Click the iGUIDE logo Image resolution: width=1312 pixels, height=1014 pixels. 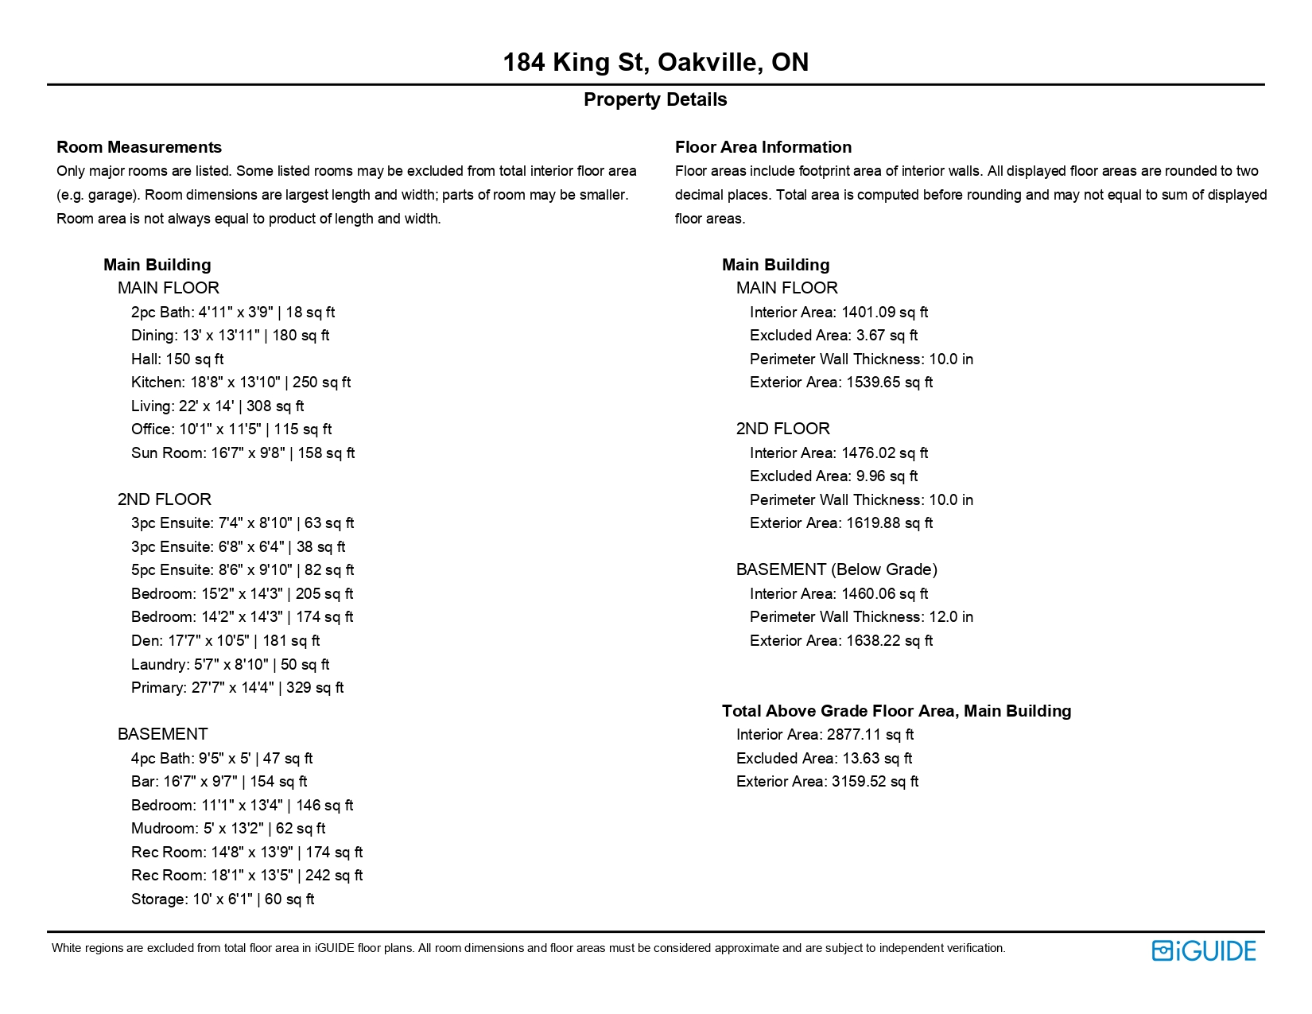1203,950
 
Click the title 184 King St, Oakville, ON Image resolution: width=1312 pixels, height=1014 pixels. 655,62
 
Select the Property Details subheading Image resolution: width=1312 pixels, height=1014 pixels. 655,99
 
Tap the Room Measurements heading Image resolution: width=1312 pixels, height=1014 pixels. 139,147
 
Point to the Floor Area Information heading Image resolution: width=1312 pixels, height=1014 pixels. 763,147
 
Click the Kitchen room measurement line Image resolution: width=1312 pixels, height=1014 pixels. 241,383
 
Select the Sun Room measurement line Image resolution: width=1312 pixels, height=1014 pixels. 243,453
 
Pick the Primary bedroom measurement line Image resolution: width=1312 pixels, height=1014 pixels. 237,688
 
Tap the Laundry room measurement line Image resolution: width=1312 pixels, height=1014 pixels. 230,665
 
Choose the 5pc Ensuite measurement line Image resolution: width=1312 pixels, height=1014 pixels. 243,570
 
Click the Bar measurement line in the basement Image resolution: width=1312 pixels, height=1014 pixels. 219,782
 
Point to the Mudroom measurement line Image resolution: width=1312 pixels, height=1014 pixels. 228,829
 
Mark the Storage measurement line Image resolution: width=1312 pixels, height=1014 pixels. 223,899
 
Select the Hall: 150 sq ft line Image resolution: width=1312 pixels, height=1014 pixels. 177,359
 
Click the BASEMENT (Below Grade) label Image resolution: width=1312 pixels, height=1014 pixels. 836,569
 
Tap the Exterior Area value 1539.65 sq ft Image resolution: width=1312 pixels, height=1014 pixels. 841,383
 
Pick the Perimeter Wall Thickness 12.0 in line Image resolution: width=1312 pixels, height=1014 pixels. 861,617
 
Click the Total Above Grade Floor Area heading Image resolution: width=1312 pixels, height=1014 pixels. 896,711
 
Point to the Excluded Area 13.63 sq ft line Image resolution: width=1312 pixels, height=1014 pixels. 824,759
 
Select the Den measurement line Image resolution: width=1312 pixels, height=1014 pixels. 225,641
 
